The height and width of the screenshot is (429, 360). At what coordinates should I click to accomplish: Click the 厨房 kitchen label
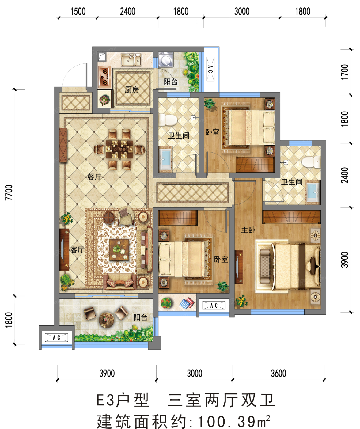[132, 89]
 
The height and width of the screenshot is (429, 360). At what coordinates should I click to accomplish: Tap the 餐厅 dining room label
[95, 177]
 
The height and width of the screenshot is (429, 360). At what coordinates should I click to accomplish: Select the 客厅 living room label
[77, 250]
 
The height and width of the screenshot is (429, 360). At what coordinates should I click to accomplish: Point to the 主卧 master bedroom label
[248, 230]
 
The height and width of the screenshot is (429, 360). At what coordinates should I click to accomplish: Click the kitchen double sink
[131, 60]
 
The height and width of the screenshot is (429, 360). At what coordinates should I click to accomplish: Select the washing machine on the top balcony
[166, 59]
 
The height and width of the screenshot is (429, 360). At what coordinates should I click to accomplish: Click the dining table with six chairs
[119, 149]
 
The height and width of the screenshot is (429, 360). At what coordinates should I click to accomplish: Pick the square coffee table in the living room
[119, 249]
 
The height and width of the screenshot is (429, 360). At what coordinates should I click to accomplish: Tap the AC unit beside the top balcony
[210, 69]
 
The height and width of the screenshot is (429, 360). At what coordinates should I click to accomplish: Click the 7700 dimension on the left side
[9, 192]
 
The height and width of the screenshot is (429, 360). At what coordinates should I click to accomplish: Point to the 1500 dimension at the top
[78, 12]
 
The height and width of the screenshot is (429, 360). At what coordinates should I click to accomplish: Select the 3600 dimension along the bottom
[279, 373]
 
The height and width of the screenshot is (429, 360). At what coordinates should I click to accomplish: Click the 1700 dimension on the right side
[345, 72]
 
